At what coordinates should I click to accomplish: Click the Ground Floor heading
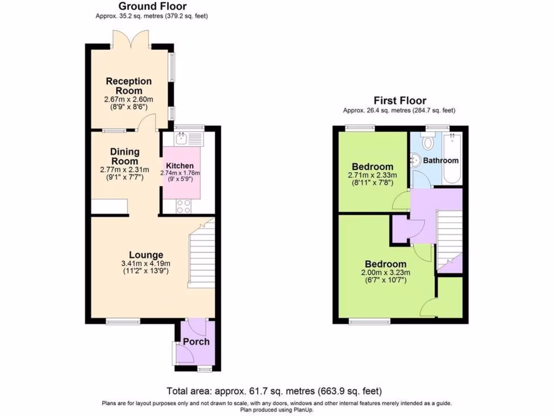(x=152, y=6)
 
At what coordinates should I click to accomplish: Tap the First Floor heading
(x=399, y=101)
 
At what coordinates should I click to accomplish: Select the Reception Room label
(x=128, y=86)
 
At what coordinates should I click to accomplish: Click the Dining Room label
(x=125, y=157)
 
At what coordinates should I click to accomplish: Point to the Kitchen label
(x=180, y=166)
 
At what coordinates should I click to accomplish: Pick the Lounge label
(x=146, y=255)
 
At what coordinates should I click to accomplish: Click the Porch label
(x=196, y=341)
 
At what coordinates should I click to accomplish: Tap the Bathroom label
(x=440, y=160)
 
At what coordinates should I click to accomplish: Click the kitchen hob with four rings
(x=183, y=206)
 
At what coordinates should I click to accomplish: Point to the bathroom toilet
(x=429, y=143)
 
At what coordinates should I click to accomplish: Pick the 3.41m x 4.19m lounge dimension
(x=146, y=264)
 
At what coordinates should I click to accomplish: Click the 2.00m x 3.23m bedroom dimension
(x=385, y=272)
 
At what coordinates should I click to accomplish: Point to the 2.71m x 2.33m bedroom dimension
(x=372, y=175)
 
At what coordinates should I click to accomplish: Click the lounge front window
(x=123, y=322)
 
